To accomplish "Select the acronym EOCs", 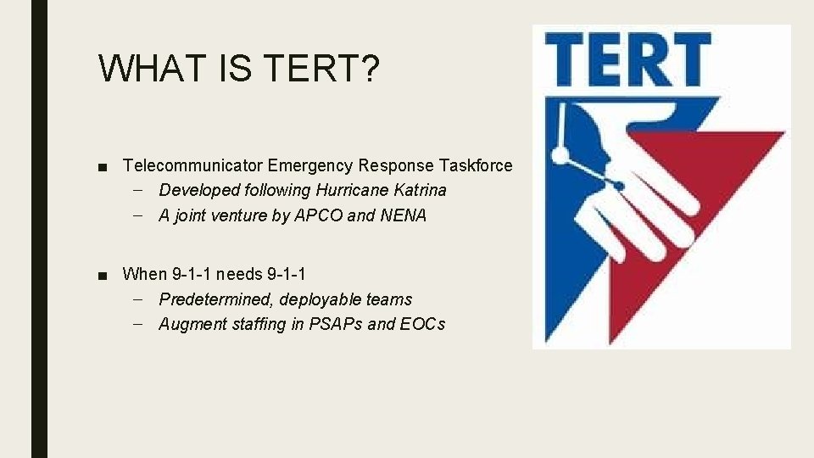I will (x=422, y=324).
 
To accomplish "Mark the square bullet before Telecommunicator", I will (x=103, y=166).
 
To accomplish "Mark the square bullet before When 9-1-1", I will (x=103, y=275).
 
